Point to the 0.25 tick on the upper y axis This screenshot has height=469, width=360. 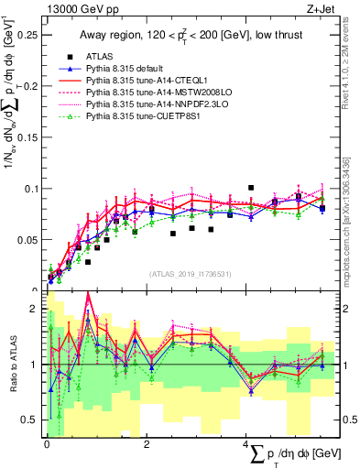27,36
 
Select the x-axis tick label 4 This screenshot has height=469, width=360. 245,445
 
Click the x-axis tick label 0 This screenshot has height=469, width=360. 47,445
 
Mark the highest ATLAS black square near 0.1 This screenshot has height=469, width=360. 250,188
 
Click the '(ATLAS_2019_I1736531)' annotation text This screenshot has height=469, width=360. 191,274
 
